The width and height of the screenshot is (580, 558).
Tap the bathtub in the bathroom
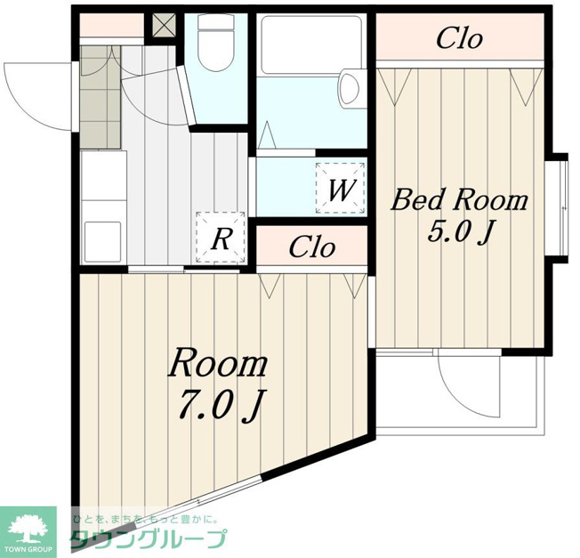tap(311, 44)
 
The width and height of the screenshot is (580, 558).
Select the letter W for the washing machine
tap(341, 190)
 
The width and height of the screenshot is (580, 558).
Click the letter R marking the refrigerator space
tap(221, 239)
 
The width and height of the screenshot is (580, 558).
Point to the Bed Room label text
tap(459, 200)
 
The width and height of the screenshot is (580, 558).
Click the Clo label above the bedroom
tap(459, 38)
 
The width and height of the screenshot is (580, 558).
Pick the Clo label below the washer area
tap(312, 247)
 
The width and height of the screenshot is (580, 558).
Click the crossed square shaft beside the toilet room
tap(165, 26)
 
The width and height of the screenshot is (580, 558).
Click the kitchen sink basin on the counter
tap(103, 241)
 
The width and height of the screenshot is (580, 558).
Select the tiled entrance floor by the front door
tap(101, 98)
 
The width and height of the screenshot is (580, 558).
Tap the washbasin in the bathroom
tap(350, 88)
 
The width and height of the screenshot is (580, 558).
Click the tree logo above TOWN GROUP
tap(28, 528)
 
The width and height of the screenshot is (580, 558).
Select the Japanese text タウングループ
tap(149, 538)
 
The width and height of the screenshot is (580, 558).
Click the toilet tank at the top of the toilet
tap(216, 22)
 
